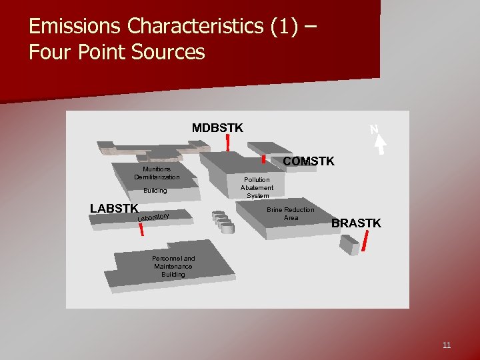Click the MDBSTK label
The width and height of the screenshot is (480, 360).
coord(217,127)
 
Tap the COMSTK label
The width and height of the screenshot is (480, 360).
coord(309,161)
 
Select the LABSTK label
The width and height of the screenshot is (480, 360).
coord(114,208)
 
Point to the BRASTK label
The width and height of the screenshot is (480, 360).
coord(356,223)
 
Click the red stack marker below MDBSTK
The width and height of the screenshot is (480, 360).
coord(228,142)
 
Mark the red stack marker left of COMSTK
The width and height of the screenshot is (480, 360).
coord(263,159)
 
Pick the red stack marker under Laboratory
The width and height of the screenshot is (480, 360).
coord(141,229)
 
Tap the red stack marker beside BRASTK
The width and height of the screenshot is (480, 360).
coord(366,243)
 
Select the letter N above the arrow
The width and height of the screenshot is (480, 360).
coord(374,129)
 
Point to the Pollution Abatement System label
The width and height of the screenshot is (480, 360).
coord(257,187)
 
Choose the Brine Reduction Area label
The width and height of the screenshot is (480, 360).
coord(290,213)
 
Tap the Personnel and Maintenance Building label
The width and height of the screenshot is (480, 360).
coord(173,266)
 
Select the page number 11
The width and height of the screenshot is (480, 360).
coord(446,345)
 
